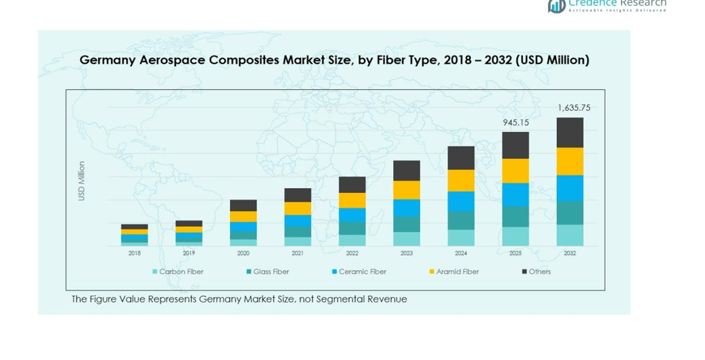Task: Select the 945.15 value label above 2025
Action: (516, 122)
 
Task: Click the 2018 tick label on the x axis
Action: (135, 253)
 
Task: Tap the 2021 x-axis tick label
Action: (298, 253)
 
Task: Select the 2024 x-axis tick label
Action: (461, 253)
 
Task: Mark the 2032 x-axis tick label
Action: (570, 253)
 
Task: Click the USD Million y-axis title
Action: (82, 181)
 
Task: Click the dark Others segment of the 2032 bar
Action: (570, 133)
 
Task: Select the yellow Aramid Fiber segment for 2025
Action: (516, 171)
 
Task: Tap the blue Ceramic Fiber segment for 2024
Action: (461, 201)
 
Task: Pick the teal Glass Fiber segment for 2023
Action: (407, 224)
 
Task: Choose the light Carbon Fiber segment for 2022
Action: (352, 240)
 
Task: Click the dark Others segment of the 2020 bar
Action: (244, 205)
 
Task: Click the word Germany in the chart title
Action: (108, 60)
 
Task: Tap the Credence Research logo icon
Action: (556, 5)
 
